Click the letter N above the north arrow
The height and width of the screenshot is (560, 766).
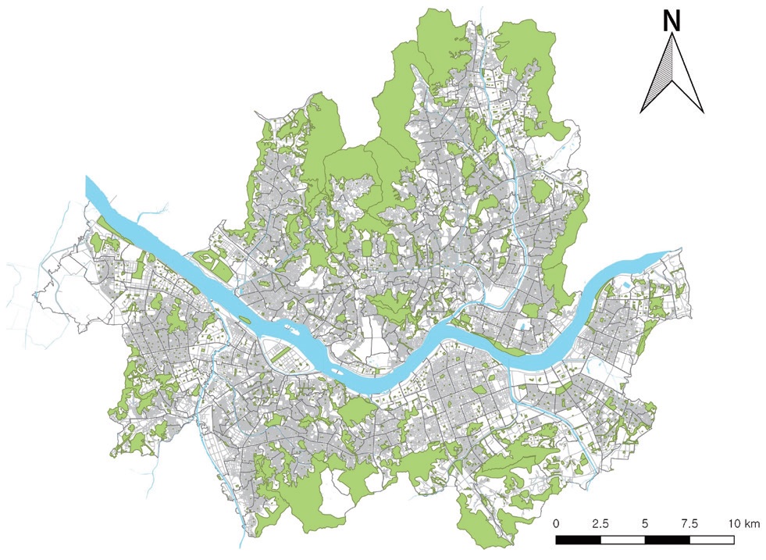pyautogui.click(x=671, y=21)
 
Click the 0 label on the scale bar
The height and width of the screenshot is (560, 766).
pyautogui.click(x=556, y=523)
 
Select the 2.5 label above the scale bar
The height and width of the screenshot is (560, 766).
pyautogui.click(x=601, y=523)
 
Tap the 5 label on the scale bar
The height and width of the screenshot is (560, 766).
pyautogui.click(x=645, y=523)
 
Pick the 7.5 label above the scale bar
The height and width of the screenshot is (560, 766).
pyautogui.click(x=689, y=523)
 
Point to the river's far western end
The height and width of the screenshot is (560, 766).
pyautogui.click(x=91, y=187)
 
